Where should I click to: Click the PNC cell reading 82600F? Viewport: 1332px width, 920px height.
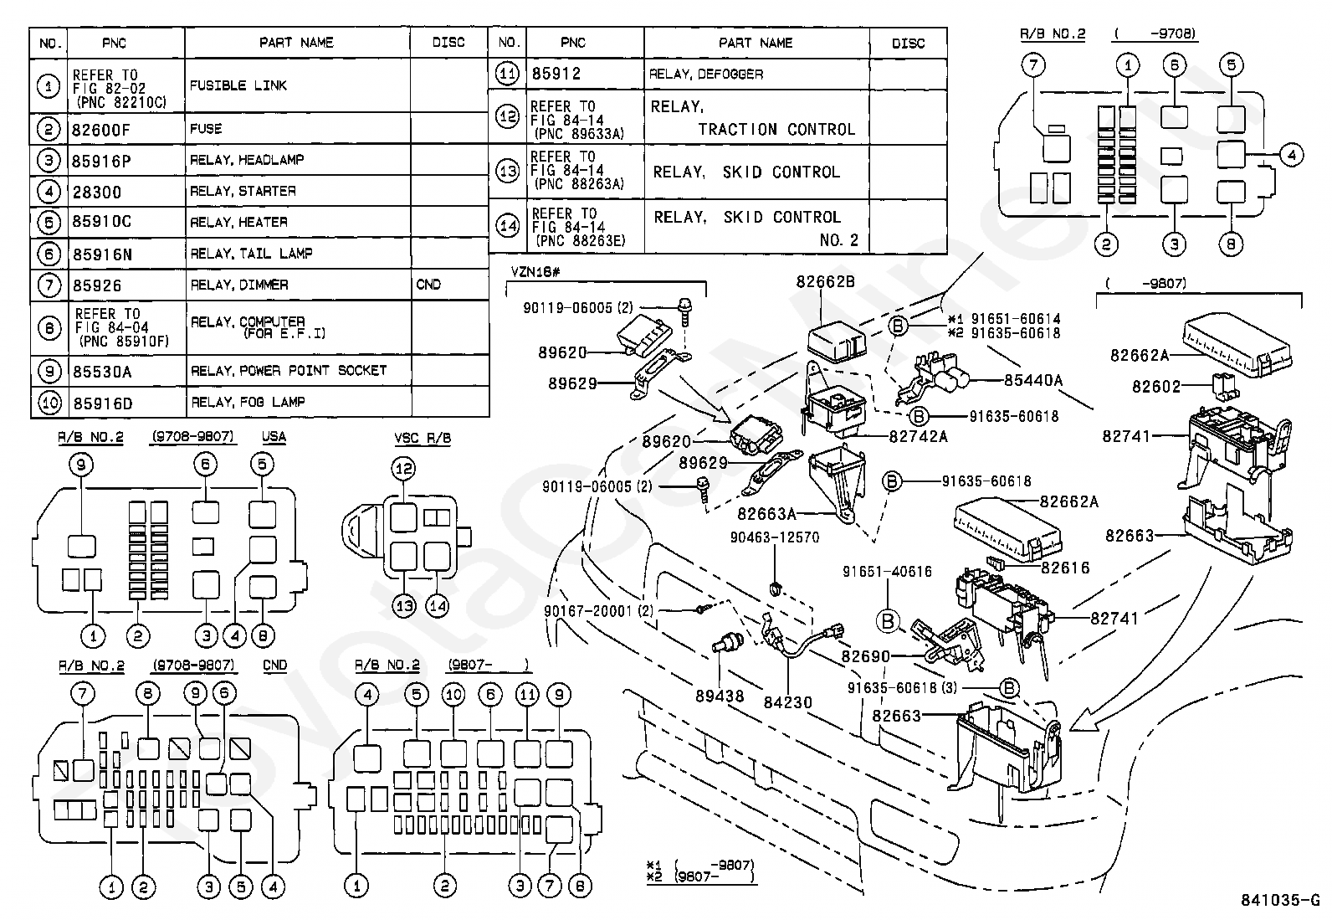[x=100, y=130]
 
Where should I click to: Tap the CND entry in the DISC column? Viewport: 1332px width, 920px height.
[x=428, y=285]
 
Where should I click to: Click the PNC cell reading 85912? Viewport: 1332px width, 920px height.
[x=556, y=74]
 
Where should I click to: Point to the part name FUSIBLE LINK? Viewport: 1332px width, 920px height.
[x=238, y=85]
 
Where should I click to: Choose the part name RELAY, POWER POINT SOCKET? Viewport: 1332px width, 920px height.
[x=289, y=371]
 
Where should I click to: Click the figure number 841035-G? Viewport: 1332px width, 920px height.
[x=1279, y=901]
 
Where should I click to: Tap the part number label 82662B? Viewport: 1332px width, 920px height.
[x=825, y=281]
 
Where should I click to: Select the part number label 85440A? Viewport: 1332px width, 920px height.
[x=1033, y=380]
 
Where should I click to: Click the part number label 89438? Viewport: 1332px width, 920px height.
[x=720, y=696]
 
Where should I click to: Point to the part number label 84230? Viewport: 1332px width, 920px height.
[x=787, y=703]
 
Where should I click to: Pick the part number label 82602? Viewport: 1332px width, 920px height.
[x=1156, y=387]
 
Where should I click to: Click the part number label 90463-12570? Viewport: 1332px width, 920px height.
[x=774, y=537]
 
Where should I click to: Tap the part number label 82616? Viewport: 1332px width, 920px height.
[x=1065, y=568]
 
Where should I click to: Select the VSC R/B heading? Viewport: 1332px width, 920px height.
[x=423, y=439]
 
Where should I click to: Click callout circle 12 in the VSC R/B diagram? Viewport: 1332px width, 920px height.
[x=404, y=468]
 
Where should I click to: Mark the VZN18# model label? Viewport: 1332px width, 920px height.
[x=535, y=272]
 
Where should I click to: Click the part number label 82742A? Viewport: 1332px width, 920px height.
[x=918, y=437]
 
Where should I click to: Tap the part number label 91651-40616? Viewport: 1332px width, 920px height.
[x=887, y=572]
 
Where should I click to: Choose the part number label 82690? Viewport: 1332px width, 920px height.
[x=865, y=656]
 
